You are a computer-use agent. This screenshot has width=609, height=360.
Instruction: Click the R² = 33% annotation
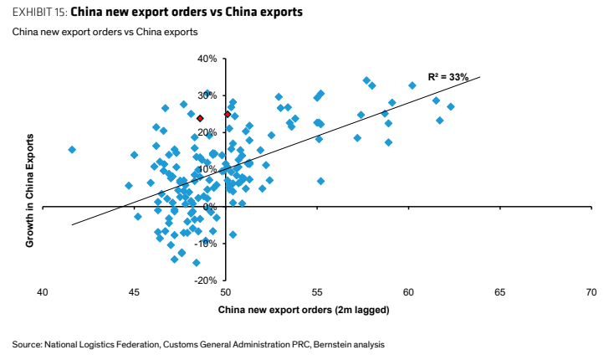coord(448,77)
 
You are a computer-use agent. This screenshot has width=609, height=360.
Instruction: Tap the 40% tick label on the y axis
coord(207,59)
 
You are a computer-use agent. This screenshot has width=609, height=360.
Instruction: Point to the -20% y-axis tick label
coord(206,280)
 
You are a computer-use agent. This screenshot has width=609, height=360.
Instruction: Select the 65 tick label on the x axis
coord(500,292)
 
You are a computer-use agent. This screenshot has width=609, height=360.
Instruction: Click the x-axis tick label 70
coord(591,292)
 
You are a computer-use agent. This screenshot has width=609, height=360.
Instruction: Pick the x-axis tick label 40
coord(43,292)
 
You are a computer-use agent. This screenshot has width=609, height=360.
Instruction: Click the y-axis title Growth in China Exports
coord(30,191)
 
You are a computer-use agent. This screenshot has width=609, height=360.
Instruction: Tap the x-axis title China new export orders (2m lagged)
coord(304,310)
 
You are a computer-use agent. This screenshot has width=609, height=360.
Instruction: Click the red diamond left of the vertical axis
coord(200,118)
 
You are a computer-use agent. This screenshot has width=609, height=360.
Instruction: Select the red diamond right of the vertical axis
coord(228,115)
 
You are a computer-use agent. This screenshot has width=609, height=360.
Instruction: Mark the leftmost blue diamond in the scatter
coord(72,150)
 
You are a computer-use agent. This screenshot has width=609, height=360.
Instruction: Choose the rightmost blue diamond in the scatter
coord(451,106)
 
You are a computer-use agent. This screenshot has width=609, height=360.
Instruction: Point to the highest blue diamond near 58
coord(366,80)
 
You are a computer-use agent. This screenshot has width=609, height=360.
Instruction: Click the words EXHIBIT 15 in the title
coord(39,12)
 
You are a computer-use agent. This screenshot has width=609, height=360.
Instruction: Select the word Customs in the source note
coord(178,344)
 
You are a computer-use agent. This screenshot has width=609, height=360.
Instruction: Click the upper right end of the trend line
coord(480,77)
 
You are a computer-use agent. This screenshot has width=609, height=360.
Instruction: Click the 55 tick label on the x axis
coord(317,292)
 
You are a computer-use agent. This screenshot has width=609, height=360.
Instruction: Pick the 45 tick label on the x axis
coord(134,292)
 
